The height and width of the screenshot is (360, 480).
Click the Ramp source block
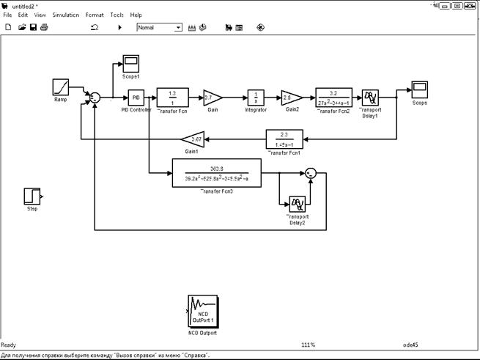(x=60, y=87)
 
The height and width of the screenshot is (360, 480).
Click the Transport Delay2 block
(x=297, y=203)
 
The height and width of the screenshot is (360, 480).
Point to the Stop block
(x=32, y=196)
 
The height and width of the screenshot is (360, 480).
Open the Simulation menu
(x=65, y=15)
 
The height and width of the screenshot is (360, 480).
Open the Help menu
(x=136, y=15)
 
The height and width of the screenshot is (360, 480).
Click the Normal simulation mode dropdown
(x=159, y=27)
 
